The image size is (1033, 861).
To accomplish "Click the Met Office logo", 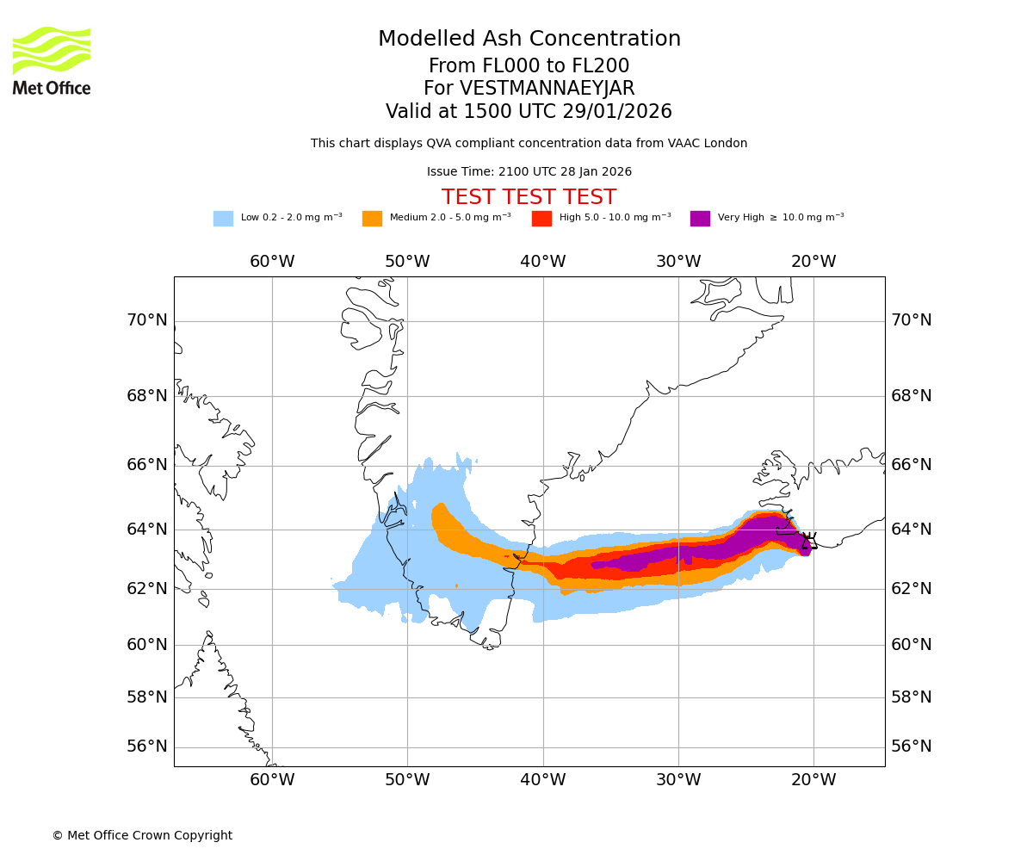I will coord(52,60).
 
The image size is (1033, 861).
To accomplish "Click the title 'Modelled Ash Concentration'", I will coord(529,40).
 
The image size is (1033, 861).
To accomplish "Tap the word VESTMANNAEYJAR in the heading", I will coord(547,89).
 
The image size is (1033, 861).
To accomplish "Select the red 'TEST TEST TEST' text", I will coord(529,197).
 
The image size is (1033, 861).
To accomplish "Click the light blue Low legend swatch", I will coord(223,219).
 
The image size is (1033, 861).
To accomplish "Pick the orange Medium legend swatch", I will coord(372,219).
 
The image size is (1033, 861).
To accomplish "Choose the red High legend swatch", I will coord(541,219).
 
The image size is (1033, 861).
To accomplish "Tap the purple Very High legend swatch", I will coord(700,219).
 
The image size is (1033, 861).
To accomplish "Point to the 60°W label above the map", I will coord(272,262).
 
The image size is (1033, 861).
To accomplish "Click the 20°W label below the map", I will coord(813,780).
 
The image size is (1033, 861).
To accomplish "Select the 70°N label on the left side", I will coord(147,320).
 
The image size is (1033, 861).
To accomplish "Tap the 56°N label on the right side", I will coord(912,746).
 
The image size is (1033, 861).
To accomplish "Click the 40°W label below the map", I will coord(543,780).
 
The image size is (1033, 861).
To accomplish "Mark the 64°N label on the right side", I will coord(912,529).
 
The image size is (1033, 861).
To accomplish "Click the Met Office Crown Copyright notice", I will coord(142,835).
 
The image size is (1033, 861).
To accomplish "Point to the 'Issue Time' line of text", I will coord(529,172).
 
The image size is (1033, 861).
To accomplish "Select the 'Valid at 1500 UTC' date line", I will coord(529,112).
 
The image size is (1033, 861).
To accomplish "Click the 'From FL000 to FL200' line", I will coord(529,66).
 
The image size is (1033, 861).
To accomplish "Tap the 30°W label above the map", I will coord(678,262).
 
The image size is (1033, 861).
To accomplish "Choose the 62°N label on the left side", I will coord(147,589).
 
